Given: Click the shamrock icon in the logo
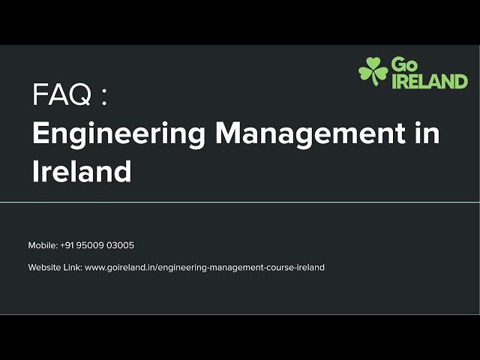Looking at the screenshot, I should pos(373,72).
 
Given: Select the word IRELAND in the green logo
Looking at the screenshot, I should pos(430,81).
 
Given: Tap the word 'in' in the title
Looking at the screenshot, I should pos(426,134).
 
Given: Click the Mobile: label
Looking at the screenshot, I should pos(43,245).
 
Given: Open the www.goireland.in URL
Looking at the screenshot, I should pos(204,268).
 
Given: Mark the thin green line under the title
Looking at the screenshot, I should pos(240,202).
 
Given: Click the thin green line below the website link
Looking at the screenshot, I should pos(240,314).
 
